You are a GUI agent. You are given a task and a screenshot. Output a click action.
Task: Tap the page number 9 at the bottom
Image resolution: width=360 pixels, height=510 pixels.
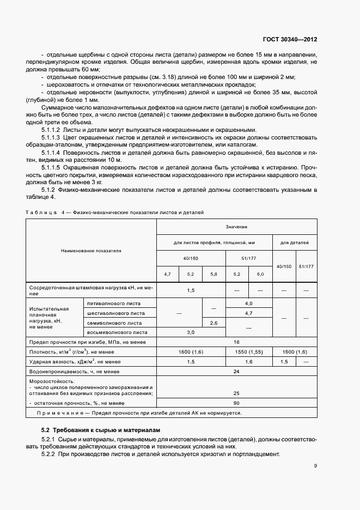(315, 465)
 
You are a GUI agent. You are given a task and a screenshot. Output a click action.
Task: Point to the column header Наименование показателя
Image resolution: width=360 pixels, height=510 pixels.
(91, 251)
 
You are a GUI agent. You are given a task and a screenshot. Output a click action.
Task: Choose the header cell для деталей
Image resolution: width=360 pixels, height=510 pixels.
(295, 241)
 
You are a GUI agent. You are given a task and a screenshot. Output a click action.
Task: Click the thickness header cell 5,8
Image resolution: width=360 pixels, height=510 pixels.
(213, 274)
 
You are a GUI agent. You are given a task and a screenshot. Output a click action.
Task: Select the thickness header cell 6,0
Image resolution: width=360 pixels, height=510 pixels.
(260, 274)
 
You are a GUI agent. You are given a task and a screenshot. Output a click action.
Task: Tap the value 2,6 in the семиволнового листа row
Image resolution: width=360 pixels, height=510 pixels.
(213, 323)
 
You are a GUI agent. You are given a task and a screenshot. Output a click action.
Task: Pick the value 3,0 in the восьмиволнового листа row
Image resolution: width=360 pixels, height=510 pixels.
(191, 332)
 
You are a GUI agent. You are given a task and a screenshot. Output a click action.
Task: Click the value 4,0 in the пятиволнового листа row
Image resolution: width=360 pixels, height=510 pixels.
(249, 303)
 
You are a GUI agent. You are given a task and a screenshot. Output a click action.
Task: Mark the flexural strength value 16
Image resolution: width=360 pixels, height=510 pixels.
(236, 342)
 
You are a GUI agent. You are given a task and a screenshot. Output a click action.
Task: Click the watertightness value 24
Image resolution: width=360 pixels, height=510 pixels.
(236, 372)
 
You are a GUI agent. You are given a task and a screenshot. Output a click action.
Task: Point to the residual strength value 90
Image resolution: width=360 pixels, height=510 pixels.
(236, 403)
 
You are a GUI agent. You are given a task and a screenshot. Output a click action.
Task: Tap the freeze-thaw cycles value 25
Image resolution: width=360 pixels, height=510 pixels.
(236, 392)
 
